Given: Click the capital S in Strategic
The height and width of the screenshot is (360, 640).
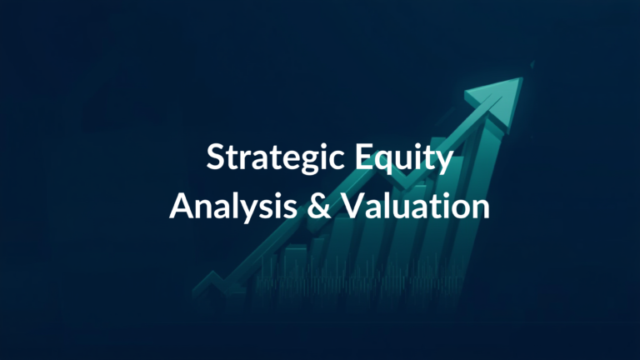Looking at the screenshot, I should click(215, 158).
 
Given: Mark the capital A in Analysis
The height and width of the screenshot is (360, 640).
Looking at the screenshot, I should click(180, 207).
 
